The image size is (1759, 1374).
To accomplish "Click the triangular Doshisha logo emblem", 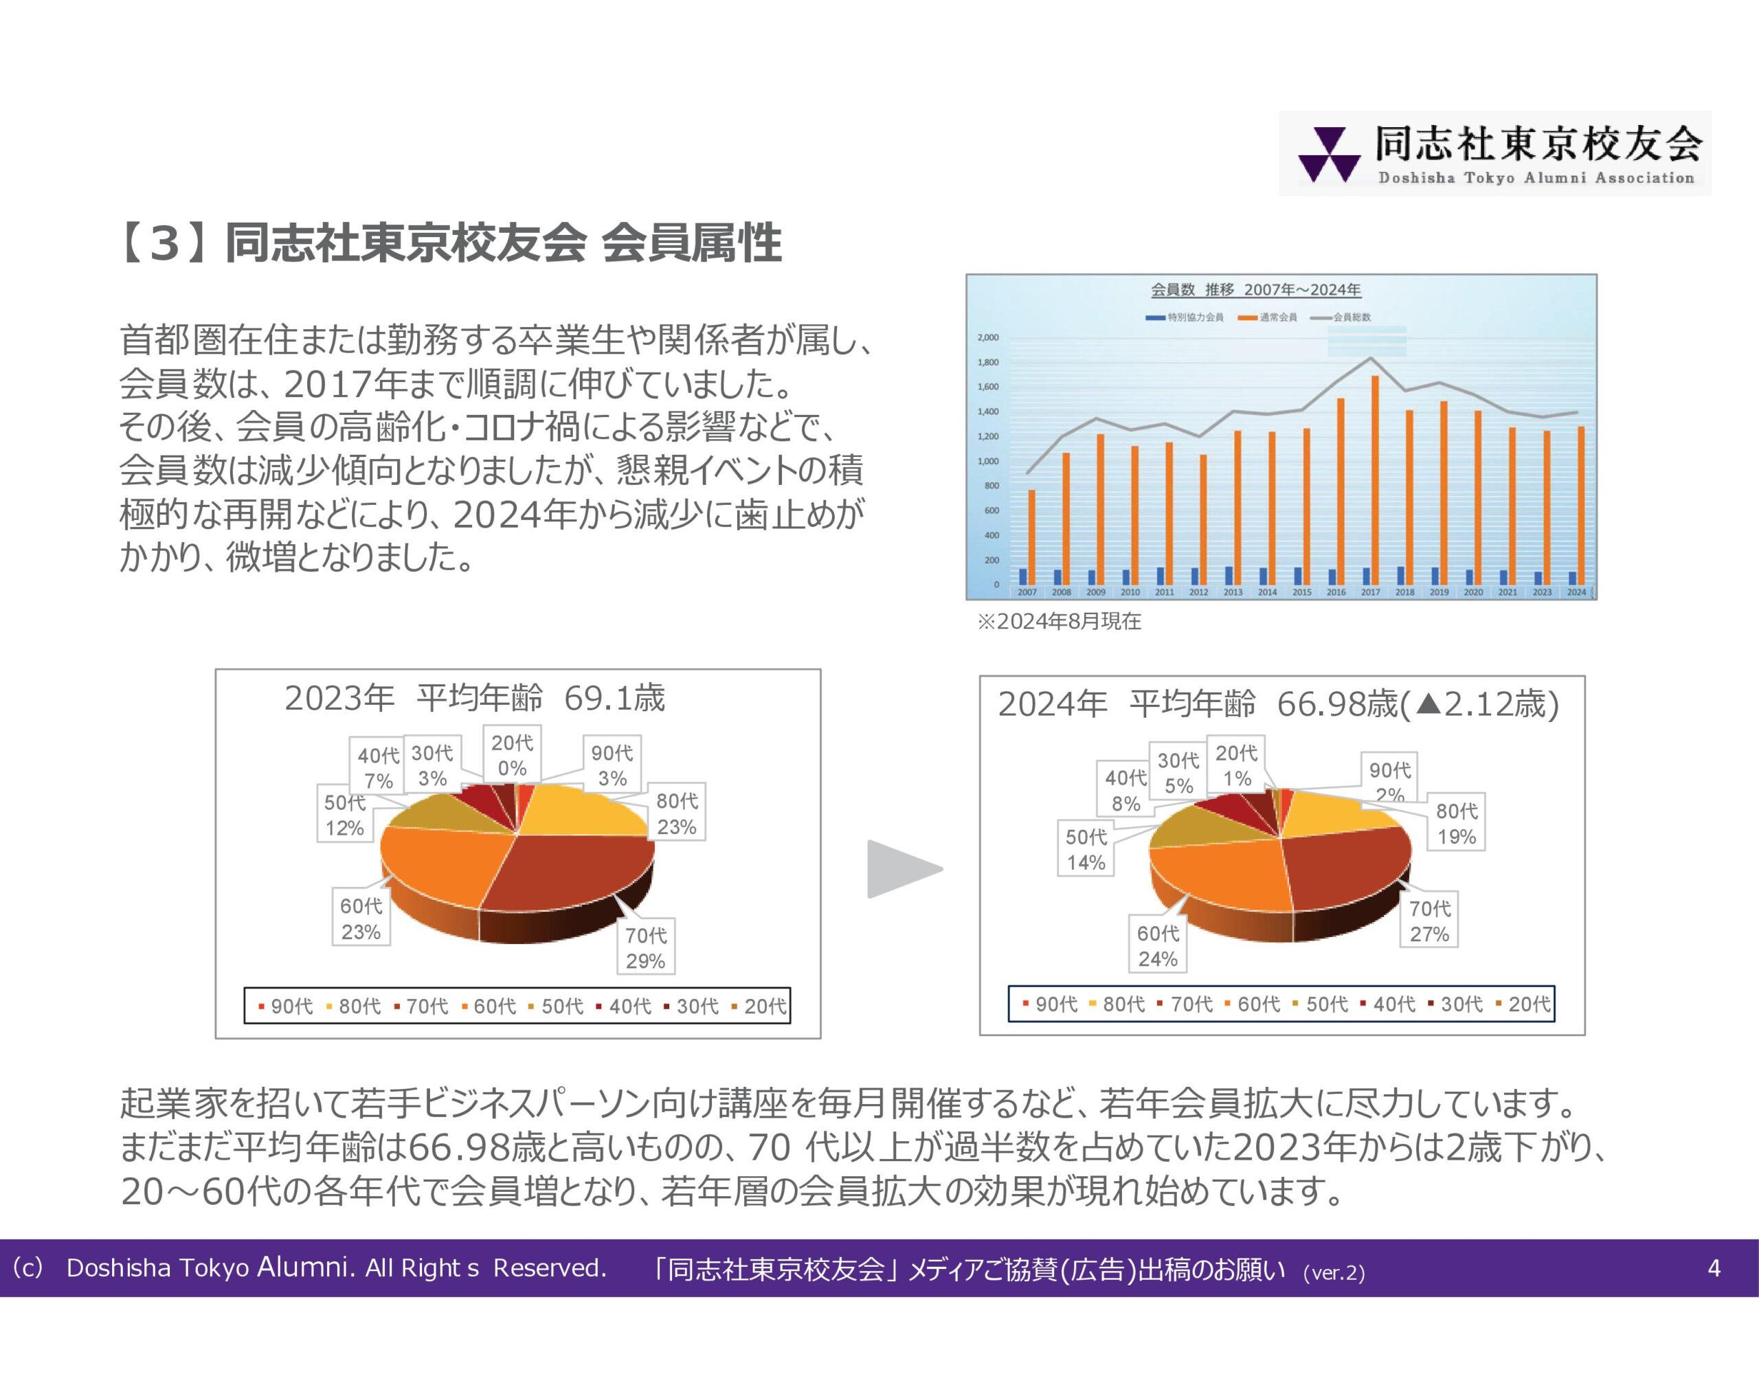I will [x=1323, y=155].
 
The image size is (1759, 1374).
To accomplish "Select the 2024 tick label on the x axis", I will [x=1576, y=592].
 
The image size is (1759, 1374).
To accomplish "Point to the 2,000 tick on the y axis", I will [x=987, y=337].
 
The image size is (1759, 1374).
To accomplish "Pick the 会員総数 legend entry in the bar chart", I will [x=1342, y=317].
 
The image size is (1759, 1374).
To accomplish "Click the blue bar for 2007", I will [x=1023, y=576].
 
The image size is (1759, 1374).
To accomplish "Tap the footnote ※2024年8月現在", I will [x=1059, y=621].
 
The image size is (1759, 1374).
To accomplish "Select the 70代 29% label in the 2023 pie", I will [x=646, y=948].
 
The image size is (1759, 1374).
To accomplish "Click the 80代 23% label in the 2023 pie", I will [x=677, y=813].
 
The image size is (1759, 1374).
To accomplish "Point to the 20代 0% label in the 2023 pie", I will [x=512, y=754].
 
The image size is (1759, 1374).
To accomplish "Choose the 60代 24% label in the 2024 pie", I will [x=1157, y=945].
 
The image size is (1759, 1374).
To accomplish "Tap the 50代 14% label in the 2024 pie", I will [x=1086, y=850].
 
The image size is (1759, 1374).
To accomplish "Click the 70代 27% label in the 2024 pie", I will [x=1430, y=921].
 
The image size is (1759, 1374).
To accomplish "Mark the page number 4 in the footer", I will [x=1714, y=1268].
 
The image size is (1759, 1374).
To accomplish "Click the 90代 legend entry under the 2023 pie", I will [x=287, y=1006].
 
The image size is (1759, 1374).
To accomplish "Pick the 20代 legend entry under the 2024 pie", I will [x=1524, y=1004].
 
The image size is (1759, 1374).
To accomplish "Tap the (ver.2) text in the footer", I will [x=1334, y=1272].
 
